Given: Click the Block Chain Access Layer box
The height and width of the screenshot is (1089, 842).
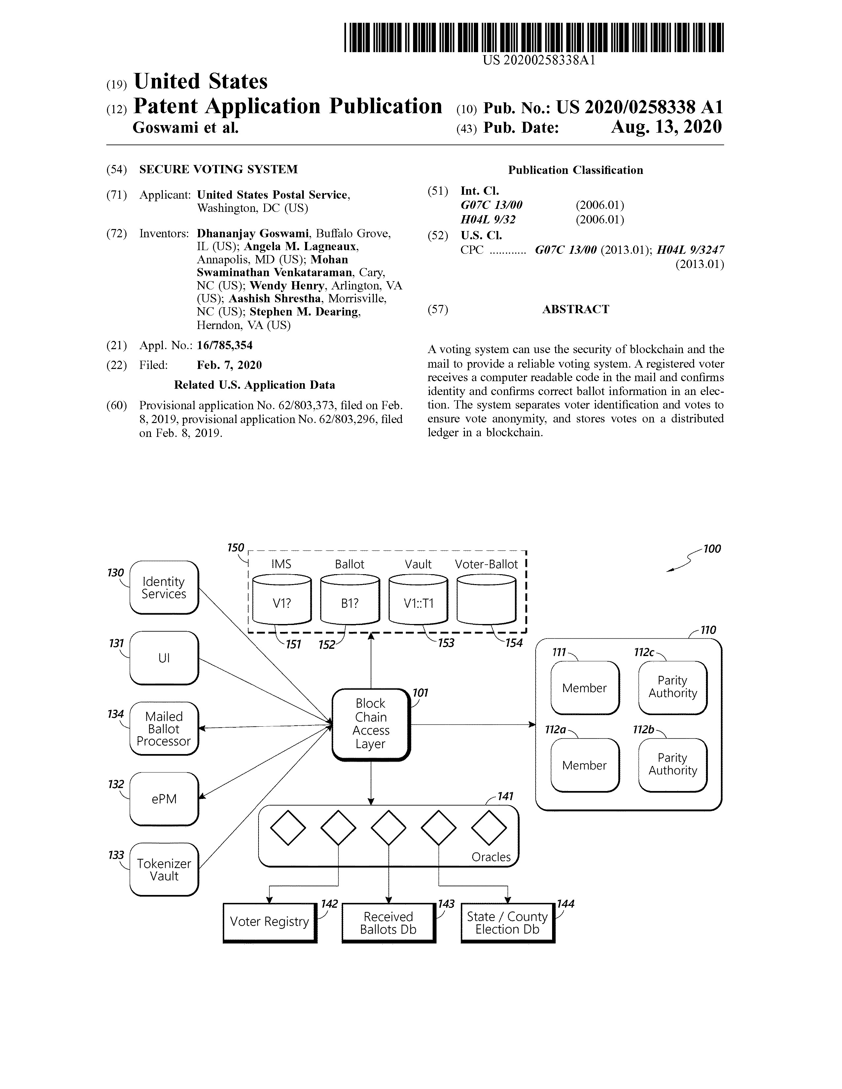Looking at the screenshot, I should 370,724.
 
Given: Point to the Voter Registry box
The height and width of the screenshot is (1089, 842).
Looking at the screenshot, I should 269,922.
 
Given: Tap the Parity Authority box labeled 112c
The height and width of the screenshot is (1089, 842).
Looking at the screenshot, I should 672,687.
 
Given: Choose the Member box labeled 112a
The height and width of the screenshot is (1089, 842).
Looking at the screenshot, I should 584,765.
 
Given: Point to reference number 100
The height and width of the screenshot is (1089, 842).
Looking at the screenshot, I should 712,549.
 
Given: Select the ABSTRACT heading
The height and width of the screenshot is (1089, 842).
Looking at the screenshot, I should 576,309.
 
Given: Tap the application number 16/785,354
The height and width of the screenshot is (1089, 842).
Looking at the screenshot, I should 225,345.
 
